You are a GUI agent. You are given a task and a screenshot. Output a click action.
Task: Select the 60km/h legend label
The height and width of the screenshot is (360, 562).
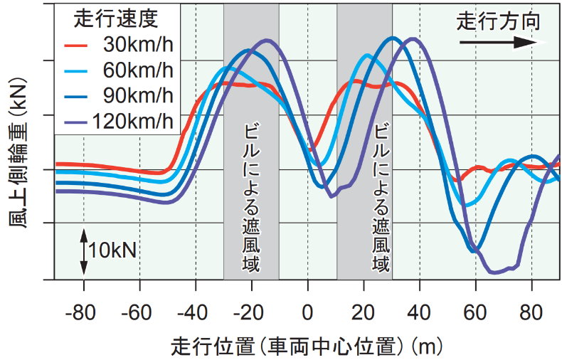[x=137, y=71]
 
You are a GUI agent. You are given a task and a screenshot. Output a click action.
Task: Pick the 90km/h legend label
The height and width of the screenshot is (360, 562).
[x=137, y=95]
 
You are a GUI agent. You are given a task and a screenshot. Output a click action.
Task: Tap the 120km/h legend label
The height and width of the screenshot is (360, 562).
[x=132, y=120]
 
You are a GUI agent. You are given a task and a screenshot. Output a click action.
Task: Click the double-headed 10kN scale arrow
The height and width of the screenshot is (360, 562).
[x=84, y=250]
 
